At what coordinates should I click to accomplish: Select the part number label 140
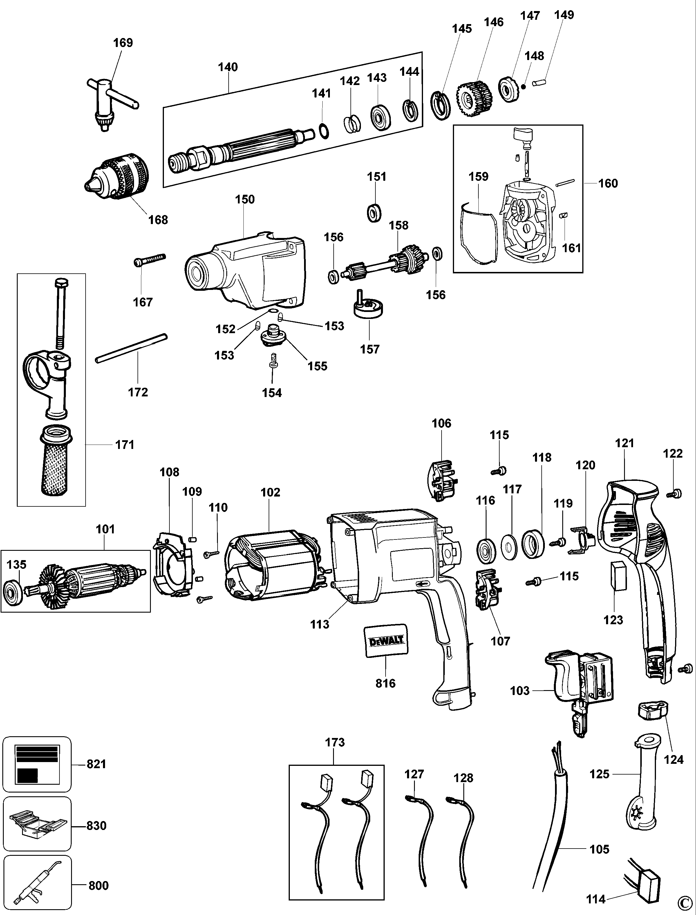228,67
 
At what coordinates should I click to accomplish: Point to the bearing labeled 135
11,590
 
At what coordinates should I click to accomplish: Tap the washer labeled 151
375,213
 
